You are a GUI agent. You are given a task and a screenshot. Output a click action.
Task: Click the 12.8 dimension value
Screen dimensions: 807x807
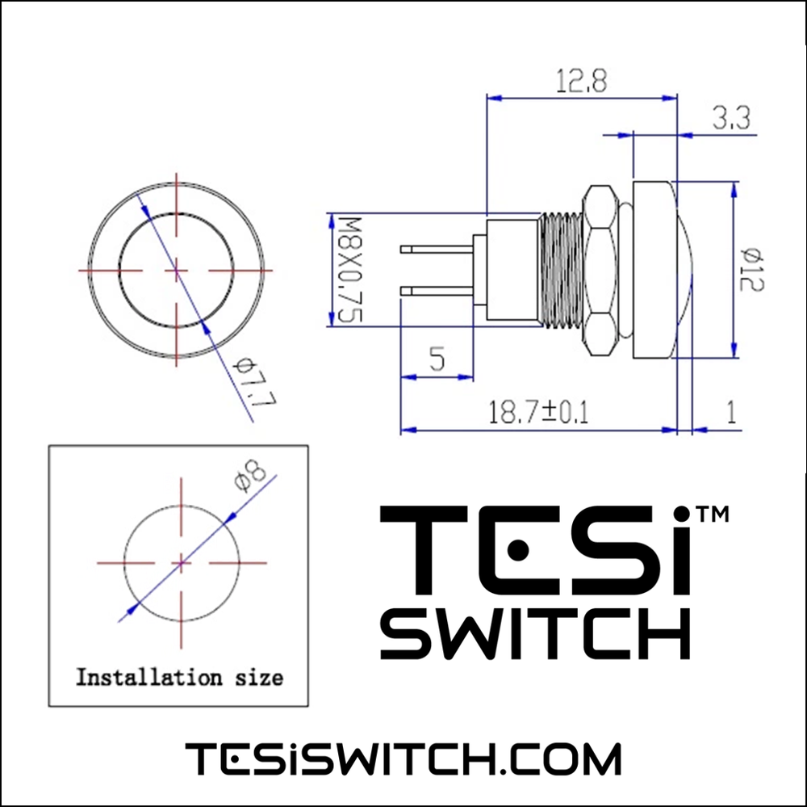581,82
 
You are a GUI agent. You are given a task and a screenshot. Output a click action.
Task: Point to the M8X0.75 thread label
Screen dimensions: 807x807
349,270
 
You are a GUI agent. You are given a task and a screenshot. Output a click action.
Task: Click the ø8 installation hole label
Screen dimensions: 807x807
249,477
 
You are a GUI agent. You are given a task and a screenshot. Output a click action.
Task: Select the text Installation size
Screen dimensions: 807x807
179,676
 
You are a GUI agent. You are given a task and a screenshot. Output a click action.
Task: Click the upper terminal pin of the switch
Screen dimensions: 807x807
437,250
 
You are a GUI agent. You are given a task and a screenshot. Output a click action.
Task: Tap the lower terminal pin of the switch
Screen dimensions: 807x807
437,291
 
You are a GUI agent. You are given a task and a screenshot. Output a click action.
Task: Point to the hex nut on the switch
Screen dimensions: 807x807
601,270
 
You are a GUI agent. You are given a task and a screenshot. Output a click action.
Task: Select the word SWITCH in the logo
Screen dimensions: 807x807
535,634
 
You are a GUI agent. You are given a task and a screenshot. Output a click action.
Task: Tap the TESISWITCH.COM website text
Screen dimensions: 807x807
403,759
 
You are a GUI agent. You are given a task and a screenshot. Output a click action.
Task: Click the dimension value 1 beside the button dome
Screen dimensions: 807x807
731,413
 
